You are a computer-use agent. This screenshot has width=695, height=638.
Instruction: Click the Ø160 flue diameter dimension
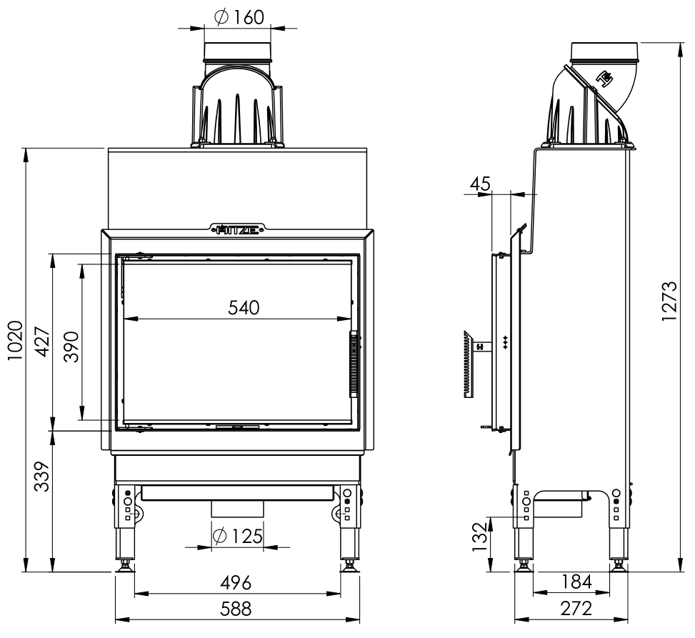[x=239, y=17]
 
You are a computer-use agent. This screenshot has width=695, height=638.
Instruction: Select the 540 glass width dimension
[x=244, y=307]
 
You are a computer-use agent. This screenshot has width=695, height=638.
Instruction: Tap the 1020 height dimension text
[x=15, y=340]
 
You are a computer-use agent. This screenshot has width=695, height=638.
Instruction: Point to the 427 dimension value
[x=43, y=342]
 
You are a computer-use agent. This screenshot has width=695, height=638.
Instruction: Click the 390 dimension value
[x=71, y=347]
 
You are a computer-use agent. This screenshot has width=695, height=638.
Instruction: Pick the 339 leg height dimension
[x=43, y=477]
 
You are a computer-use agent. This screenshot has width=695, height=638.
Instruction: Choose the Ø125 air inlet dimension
[x=238, y=536]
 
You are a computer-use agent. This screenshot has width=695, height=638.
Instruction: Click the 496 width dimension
[x=236, y=582]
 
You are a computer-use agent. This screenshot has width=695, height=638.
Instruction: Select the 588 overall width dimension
[x=236, y=609]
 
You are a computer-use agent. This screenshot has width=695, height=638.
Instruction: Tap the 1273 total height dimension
[x=670, y=301]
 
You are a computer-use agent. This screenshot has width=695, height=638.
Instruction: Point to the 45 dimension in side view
[x=480, y=184]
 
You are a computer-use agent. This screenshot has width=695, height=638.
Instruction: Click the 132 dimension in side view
[x=479, y=537]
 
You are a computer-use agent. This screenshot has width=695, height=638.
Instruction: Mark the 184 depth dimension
[x=576, y=582]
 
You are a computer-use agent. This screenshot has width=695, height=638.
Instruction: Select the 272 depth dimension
[x=576, y=609]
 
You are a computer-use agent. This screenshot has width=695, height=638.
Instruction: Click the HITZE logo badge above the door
[x=238, y=229]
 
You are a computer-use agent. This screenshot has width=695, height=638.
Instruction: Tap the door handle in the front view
[x=354, y=364]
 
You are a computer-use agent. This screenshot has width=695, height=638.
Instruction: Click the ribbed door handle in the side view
[x=469, y=364]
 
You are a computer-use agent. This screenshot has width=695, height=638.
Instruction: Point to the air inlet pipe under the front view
[x=238, y=509]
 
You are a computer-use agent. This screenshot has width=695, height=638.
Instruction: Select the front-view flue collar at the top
[x=237, y=51]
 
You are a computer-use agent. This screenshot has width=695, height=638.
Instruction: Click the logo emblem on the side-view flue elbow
[x=604, y=79]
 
